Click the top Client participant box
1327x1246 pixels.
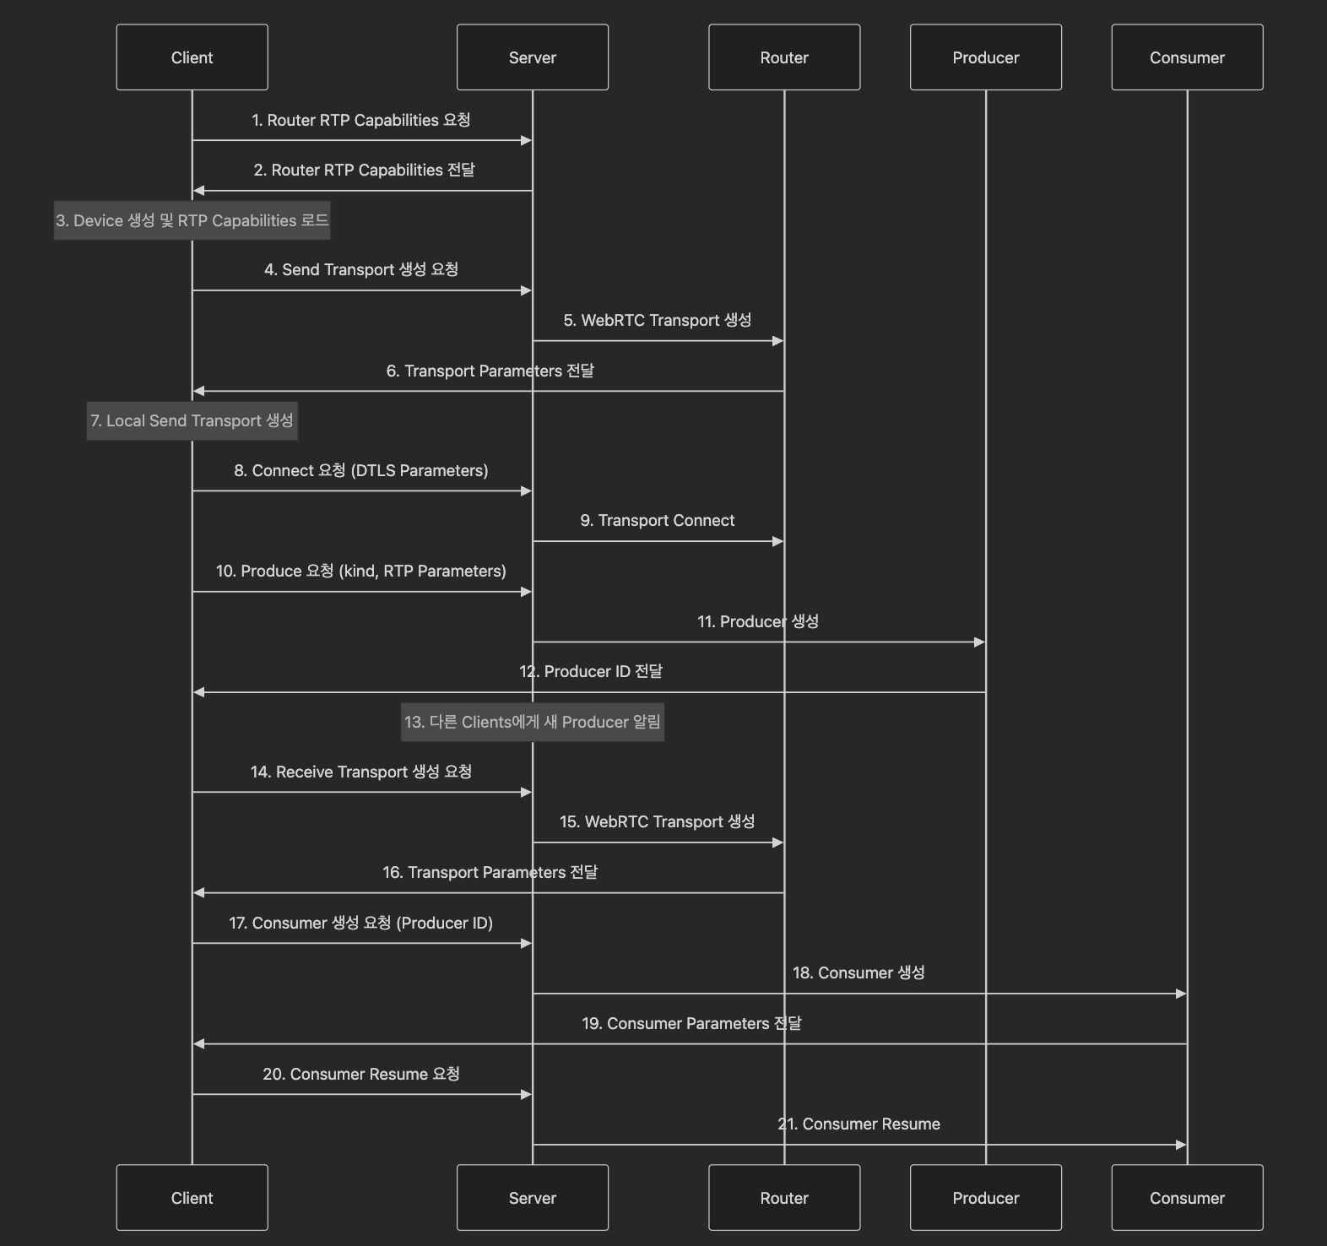[x=192, y=57]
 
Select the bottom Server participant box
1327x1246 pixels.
[x=532, y=1197]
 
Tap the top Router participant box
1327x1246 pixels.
[x=784, y=57]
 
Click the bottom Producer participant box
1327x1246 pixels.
[x=985, y=1197]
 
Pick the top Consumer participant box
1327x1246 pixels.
[x=1187, y=57]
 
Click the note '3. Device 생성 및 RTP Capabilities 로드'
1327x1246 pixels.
[x=192, y=220]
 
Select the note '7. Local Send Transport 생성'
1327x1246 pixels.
[x=192, y=420]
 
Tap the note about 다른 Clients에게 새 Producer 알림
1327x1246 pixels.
[x=532, y=722]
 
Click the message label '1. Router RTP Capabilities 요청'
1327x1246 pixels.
[x=361, y=120]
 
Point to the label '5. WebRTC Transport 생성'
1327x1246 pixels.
[x=658, y=320]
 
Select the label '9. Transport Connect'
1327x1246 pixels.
[x=658, y=520]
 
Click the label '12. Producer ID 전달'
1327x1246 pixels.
[x=591, y=671]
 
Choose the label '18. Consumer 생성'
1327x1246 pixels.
[x=858, y=972]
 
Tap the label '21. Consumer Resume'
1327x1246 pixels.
[x=858, y=1124]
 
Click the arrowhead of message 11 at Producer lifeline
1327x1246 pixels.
[x=980, y=642]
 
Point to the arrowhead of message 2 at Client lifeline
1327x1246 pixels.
[x=198, y=191]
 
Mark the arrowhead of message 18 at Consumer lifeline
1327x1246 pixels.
[x=1181, y=994]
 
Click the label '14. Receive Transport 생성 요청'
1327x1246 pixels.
[x=361, y=772]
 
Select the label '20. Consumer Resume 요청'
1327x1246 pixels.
[x=361, y=1074]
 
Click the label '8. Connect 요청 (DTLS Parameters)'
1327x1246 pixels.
[x=361, y=470]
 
